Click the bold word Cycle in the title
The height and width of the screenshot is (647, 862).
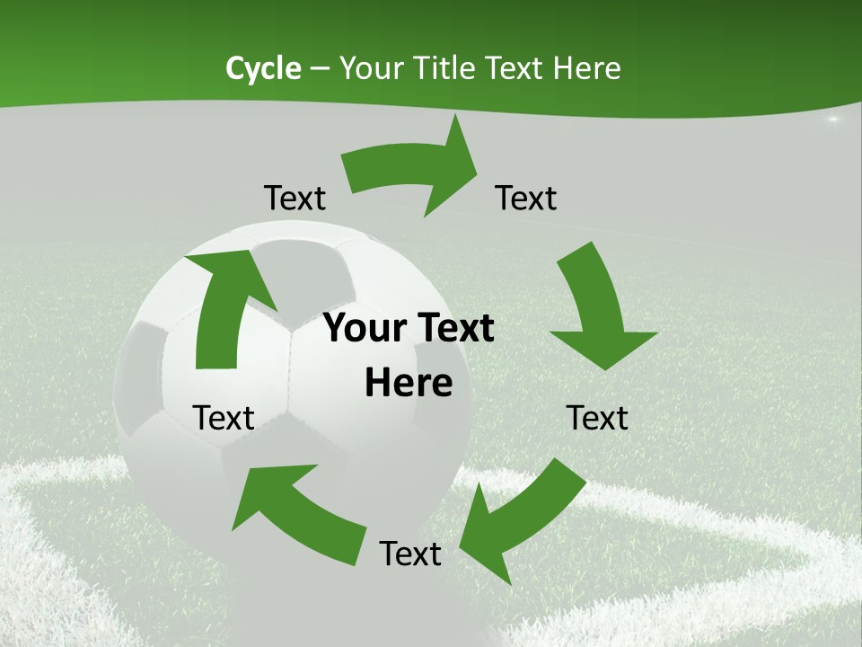[263, 68]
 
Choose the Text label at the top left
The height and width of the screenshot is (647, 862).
[295, 199]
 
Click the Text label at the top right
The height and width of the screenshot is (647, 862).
[526, 199]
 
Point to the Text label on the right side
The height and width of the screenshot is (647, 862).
[597, 418]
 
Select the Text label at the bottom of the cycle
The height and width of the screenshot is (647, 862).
[410, 554]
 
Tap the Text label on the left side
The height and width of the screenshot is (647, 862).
[224, 418]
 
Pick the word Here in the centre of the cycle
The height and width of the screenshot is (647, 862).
[409, 384]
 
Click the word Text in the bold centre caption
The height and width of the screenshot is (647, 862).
[454, 329]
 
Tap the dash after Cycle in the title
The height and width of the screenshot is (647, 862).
[321, 68]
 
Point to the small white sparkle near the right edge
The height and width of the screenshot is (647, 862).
[832, 119]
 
